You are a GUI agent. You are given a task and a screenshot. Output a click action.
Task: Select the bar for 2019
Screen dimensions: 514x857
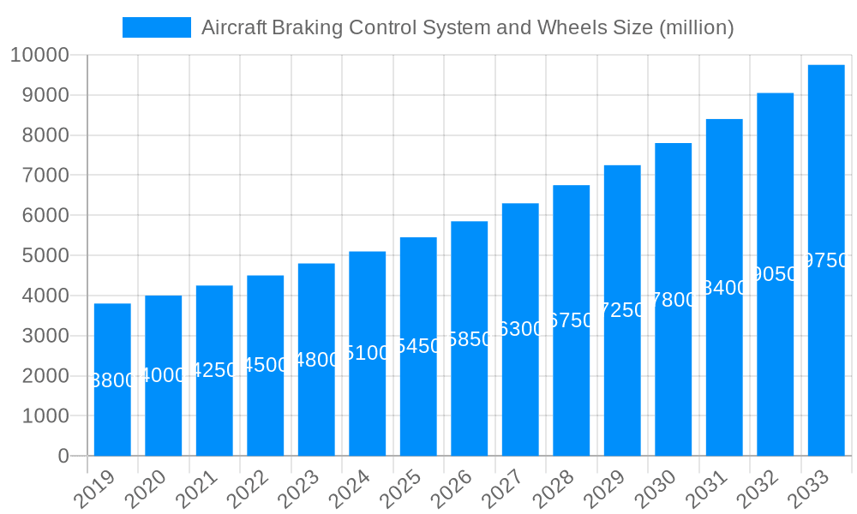(x=112, y=380)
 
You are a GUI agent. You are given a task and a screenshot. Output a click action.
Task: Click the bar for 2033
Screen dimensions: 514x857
(x=826, y=260)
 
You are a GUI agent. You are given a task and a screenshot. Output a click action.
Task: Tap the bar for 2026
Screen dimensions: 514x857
(x=469, y=338)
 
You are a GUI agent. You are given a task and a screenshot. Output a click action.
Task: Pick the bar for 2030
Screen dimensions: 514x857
(x=673, y=299)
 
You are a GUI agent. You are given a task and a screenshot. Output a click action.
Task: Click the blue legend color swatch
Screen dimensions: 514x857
(x=157, y=27)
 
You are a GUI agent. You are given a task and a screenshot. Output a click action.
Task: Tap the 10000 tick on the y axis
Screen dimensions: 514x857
(x=39, y=56)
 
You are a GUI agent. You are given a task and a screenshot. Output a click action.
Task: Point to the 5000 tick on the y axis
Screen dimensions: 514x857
(x=45, y=256)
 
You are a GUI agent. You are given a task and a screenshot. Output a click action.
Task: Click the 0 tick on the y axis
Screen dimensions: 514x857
(x=63, y=457)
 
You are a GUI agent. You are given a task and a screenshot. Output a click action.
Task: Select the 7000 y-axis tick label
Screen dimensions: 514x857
(x=45, y=176)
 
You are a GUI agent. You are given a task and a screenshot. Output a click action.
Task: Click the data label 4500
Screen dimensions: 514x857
(x=266, y=365)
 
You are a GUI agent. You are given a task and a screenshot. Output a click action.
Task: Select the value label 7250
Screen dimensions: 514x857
(x=622, y=310)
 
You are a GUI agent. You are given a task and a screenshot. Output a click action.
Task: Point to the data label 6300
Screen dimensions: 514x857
(x=520, y=329)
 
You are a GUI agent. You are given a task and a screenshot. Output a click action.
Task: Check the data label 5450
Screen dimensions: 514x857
(x=418, y=346)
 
